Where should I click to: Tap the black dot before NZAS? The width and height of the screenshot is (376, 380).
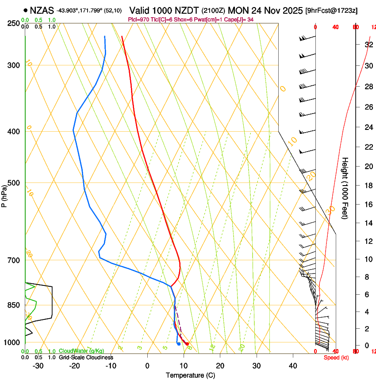coord(25,10)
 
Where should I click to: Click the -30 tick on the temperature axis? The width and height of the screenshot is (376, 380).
coord(38,366)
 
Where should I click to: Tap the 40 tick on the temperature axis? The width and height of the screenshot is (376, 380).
coord(293,366)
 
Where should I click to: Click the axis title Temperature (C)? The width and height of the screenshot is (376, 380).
coord(190,375)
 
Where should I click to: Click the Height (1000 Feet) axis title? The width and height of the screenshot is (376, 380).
coord(345,188)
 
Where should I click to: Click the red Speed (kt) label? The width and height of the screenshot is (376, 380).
coord(336,357)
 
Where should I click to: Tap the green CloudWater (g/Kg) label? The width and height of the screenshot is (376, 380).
coord(82,351)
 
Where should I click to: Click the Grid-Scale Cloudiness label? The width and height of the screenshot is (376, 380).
coord(86,357)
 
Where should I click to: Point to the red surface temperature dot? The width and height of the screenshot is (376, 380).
coord(188,344)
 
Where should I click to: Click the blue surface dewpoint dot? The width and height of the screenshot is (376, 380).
coord(178,344)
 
